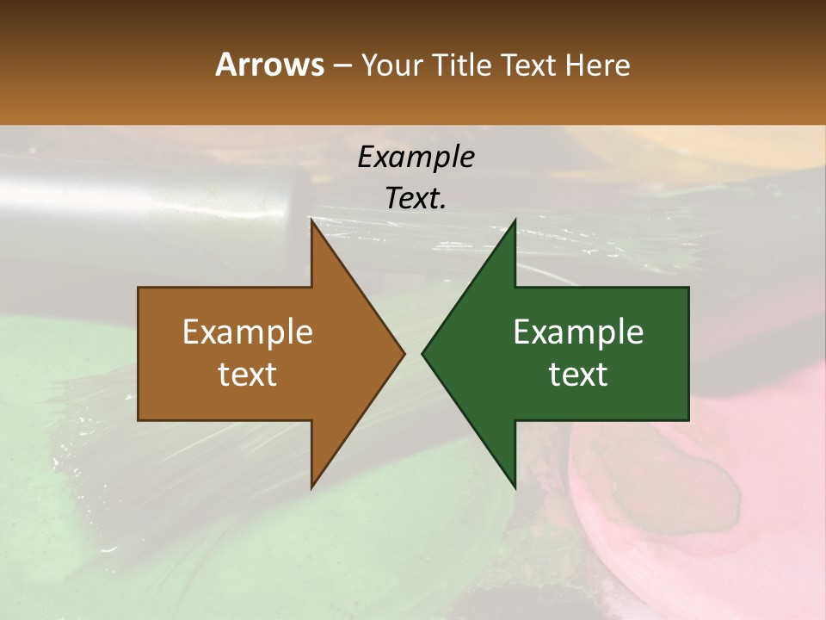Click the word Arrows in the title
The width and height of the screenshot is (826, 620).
click(x=268, y=65)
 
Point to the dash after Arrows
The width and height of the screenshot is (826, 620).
click(x=341, y=66)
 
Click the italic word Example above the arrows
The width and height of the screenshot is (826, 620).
click(x=416, y=157)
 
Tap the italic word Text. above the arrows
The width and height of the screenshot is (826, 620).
click(x=416, y=198)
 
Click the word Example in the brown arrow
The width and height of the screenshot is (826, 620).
click(x=248, y=332)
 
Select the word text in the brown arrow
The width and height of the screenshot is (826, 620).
click(x=248, y=374)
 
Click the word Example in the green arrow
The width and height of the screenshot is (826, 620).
click(x=578, y=332)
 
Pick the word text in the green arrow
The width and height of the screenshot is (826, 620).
click(x=578, y=374)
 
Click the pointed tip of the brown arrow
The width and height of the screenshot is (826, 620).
click(x=404, y=353)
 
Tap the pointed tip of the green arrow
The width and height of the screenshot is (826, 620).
click(x=422, y=353)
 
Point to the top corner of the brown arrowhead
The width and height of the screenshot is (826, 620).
click(x=312, y=220)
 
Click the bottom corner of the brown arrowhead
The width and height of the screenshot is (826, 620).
click(x=312, y=487)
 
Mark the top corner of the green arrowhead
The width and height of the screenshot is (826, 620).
click(x=515, y=220)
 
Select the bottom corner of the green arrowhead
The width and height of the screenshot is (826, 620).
click(x=515, y=487)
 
